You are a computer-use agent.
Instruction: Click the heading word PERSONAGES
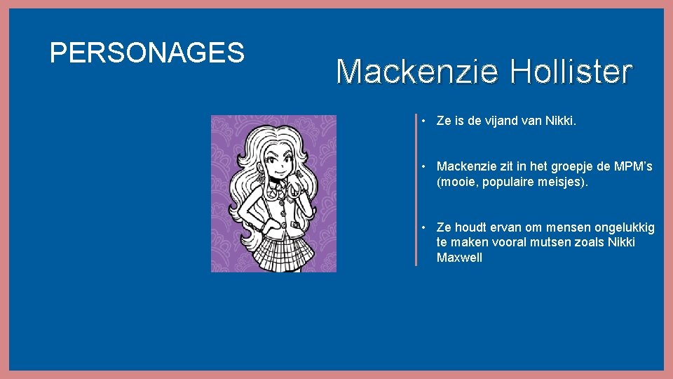pyautogui.click(x=147, y=52)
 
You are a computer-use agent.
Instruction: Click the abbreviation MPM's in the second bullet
pyautogui.click(x=632, y=166)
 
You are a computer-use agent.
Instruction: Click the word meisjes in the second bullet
pyautogui.click(x=564, y=182)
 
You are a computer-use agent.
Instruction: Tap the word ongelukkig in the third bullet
pyautogui.click(x=625, y=227)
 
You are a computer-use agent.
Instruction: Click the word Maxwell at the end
pyautogui.click(x=459, y=258)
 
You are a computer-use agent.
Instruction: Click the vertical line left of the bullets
pyautogui.click(x=416, y=189)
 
